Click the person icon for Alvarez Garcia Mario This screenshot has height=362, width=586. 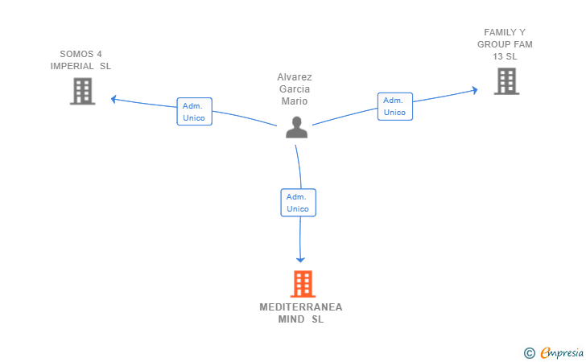click(296, 127)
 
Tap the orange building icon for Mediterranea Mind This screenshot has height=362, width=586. click(303, 284)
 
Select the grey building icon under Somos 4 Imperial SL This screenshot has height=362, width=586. click(83, 91)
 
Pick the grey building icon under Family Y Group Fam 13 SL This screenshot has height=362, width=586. click(506, 81)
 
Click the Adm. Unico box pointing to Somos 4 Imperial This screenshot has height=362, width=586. click(194, 112)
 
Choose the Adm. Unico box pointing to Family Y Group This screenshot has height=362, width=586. click(395, 106)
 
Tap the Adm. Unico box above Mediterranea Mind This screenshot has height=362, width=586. click(298, 203)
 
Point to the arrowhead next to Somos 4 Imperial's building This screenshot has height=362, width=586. click(113, 99)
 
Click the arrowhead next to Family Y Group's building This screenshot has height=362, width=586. click(475, 90)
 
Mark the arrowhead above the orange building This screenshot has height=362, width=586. click(300, 260)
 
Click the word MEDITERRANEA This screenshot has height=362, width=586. click(301, 307)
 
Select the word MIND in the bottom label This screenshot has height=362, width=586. click(291, 319)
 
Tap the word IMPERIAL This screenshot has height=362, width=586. click(72, 66)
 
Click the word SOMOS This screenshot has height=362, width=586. click(76, 54)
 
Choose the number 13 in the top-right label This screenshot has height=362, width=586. click(497, 57)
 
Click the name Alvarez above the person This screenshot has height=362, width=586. click(295, 77)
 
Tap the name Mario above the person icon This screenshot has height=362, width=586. click(295, 101)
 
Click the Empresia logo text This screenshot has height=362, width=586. click(562, 352)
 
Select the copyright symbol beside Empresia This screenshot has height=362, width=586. click(529, 353)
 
